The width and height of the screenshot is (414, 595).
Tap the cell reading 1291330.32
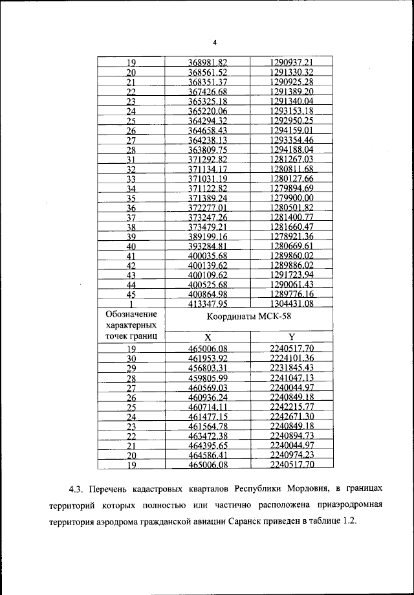pos(291,72)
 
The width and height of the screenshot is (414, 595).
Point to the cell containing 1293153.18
pos(291,111)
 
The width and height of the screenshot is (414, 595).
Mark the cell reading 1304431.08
pos(291,304)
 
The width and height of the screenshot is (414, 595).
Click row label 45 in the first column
pos(131,295)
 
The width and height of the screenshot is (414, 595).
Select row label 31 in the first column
pos(131,159)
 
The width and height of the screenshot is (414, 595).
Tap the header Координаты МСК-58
pos(250,318)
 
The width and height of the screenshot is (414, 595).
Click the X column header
pos(208,337)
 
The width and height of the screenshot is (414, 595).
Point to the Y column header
pos(291,337)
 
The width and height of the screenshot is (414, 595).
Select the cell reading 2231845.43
pos(291,367)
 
